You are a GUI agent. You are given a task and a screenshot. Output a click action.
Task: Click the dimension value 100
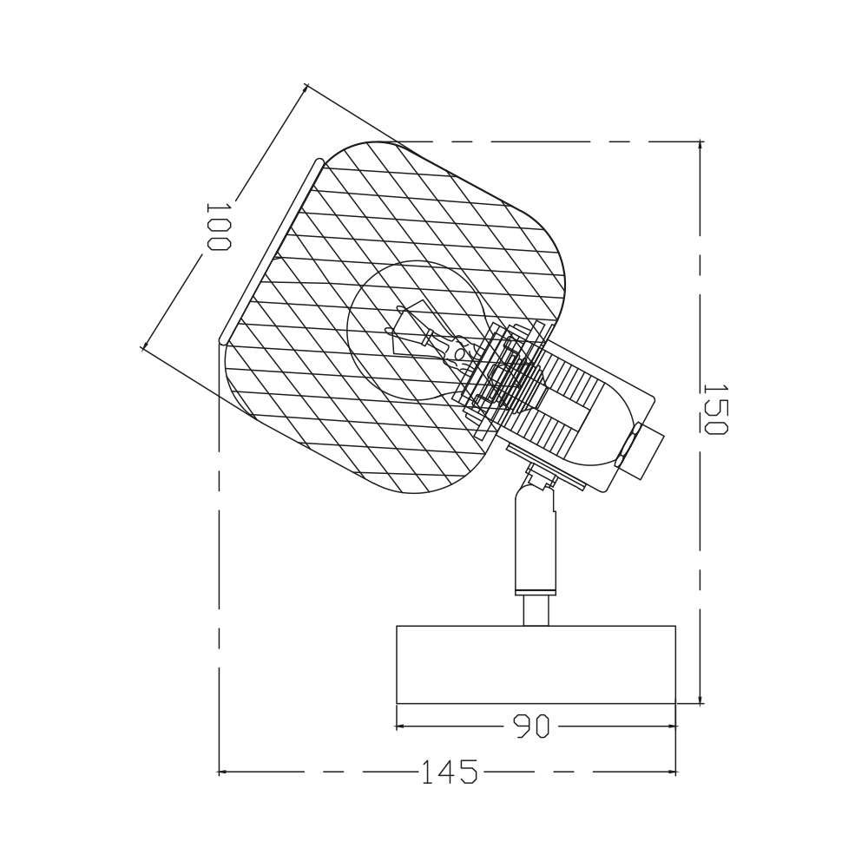[218, 227]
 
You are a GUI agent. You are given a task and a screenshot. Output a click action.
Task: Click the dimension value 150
[713, 409]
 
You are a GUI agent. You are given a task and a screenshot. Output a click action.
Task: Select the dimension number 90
[531, 726]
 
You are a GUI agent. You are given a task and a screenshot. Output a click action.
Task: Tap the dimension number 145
[449, 772]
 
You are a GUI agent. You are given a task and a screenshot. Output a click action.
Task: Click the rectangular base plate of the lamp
[536, 664]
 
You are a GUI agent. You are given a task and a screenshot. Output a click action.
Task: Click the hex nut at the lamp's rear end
[628, 444]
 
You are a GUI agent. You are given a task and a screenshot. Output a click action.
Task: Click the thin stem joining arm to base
[536, 610]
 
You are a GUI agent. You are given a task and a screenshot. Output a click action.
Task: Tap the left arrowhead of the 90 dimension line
[401, 726]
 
